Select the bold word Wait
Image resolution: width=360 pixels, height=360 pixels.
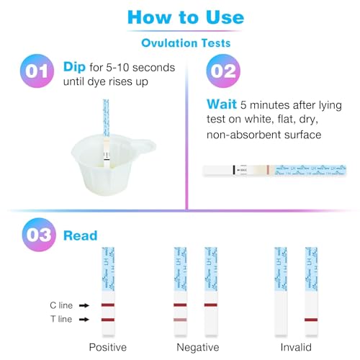[222, 103]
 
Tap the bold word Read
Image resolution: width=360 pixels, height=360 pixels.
[81, 235]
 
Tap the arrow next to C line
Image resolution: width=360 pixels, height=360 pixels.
[83, 305]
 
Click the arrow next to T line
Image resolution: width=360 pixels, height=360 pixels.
[83, 319]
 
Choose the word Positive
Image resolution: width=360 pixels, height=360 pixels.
[107, 347]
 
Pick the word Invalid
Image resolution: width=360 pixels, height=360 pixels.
[296, 347]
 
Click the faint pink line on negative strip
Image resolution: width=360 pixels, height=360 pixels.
[181, 319]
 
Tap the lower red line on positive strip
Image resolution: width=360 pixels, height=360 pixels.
[107, 319]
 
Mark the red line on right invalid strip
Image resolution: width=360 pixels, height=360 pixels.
[311, 319]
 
